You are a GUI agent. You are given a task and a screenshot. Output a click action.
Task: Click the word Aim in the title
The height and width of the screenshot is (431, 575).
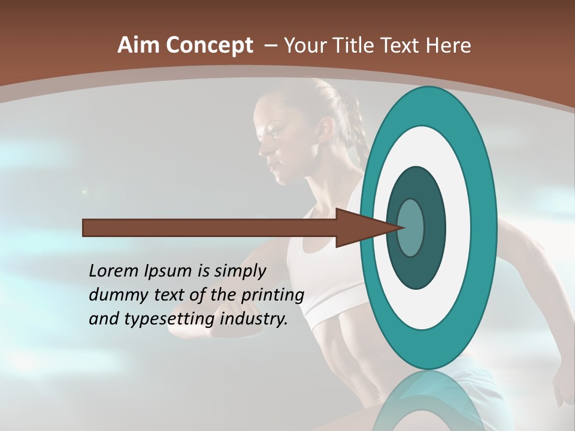tap(138, 45)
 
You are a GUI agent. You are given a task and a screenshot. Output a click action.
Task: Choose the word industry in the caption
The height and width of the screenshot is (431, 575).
tap(254, 319)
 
